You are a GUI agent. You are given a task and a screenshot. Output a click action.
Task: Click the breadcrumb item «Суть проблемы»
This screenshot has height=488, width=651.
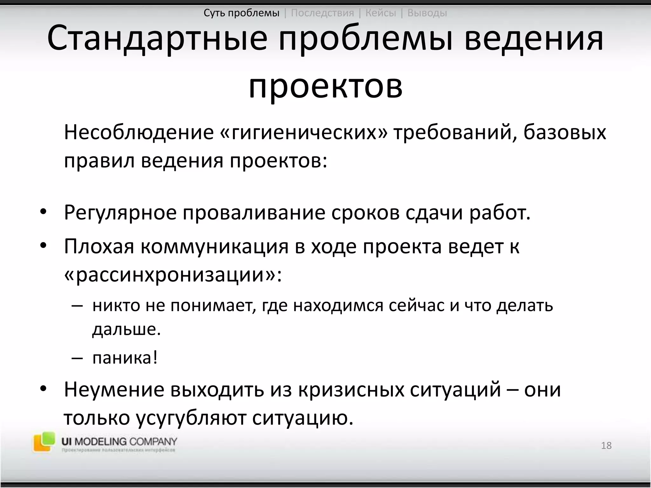(x=241, y=13)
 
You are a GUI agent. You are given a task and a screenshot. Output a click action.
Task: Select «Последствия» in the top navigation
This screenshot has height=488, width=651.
(x=322, y=13)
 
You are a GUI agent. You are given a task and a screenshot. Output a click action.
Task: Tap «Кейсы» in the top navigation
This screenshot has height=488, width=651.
(x=380, y=13)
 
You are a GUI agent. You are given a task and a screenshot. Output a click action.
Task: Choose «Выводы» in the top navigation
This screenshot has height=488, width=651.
(x=427, y=13)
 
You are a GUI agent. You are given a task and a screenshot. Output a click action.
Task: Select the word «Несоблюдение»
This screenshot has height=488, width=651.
(x=139, y=132)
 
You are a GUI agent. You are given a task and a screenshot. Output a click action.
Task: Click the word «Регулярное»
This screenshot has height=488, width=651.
(x=120, y=212)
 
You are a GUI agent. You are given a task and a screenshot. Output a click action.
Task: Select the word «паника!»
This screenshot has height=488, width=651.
(x=125, y=358)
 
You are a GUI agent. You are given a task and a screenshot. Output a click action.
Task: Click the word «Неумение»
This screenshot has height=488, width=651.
(x=114, y=390)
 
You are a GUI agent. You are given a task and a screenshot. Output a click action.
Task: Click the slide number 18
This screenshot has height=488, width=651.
(x=606, y=445)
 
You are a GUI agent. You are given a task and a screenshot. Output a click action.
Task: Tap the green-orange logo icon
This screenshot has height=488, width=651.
(x=44, y=441)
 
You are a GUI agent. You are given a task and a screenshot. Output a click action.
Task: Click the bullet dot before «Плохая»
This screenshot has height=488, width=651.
(x=43, y=246)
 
